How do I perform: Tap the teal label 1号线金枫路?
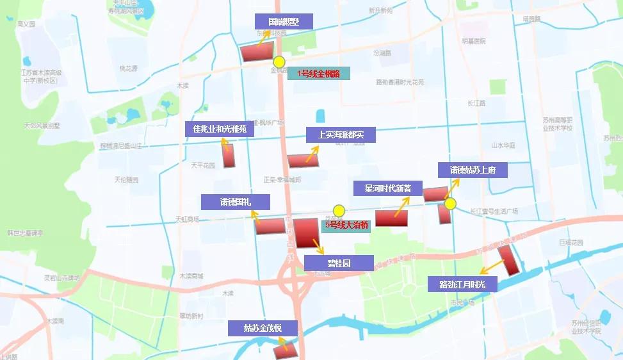(x=319, y=74)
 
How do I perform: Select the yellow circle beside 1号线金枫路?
(x=279, y=62)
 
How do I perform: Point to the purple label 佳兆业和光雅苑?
(x=220, y=129)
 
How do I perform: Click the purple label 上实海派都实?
(x=339, y=135)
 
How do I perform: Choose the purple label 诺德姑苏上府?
(x=473, y=170)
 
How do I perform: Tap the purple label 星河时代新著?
(x=388, y=188)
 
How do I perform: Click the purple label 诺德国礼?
(x=235, y=202)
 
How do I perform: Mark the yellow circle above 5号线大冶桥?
(x=339, y=210)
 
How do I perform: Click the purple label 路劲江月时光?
(x=462, y=284)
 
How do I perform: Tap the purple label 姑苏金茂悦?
(x=263, y=329)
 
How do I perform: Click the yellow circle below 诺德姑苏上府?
(x=450, y=204)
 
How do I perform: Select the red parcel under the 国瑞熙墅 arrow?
(x=258, y=52)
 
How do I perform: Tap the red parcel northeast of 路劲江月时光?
(x=509, y=259)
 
